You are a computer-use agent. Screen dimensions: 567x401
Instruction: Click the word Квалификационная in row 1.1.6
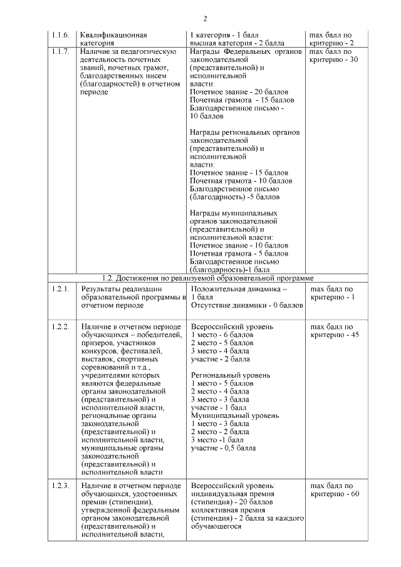[x=108, y=35]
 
